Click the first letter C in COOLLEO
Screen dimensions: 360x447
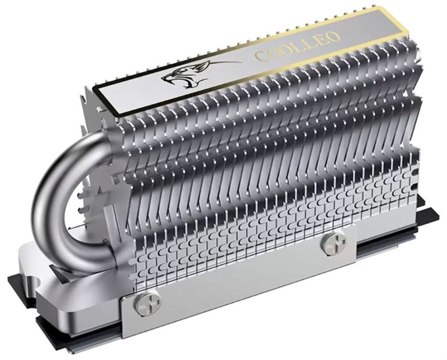261,56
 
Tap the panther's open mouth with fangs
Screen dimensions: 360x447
172,81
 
